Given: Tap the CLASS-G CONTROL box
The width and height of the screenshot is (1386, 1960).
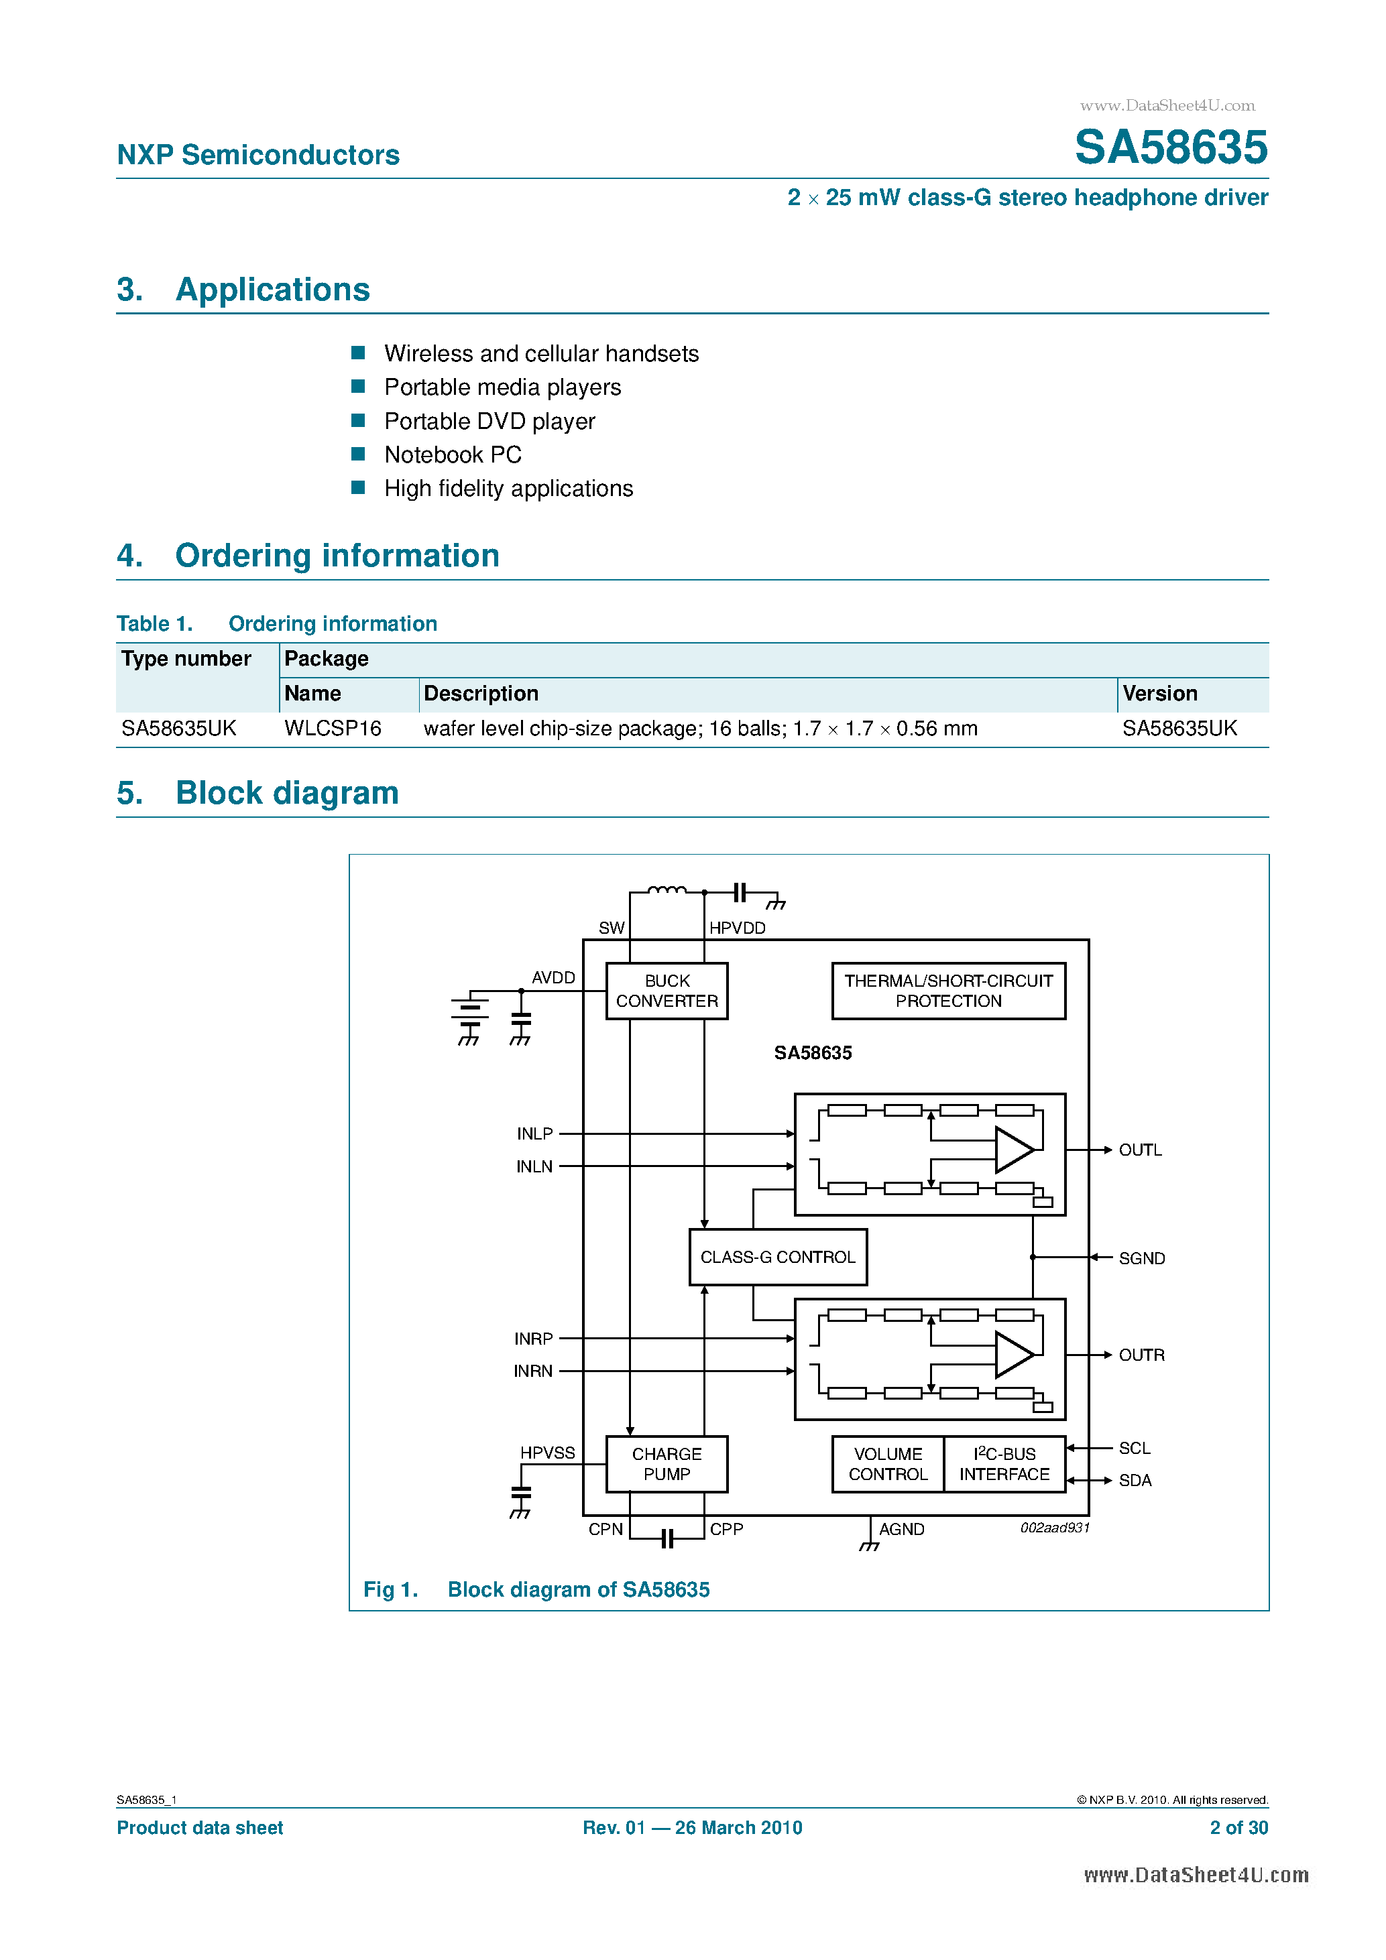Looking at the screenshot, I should pyautogui.click(x=777, y=1257).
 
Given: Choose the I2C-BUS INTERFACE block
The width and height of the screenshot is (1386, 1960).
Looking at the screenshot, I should pyautogui.click(x=1004, y=1463).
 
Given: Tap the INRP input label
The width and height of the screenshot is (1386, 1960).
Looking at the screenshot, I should pyautogui.click(x=533, y=1339).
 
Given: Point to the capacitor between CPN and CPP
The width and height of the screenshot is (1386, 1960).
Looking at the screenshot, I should pyautogui.click(x=667, y=1538).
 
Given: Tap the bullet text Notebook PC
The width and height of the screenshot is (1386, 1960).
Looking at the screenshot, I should pyautogui.click(x=453, y=455).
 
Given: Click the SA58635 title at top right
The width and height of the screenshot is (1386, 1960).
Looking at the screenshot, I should pyautogui.click(x=1170, y=147).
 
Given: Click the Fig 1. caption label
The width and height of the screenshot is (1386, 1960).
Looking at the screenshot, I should pyautogui.click(x=390, y=1589).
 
